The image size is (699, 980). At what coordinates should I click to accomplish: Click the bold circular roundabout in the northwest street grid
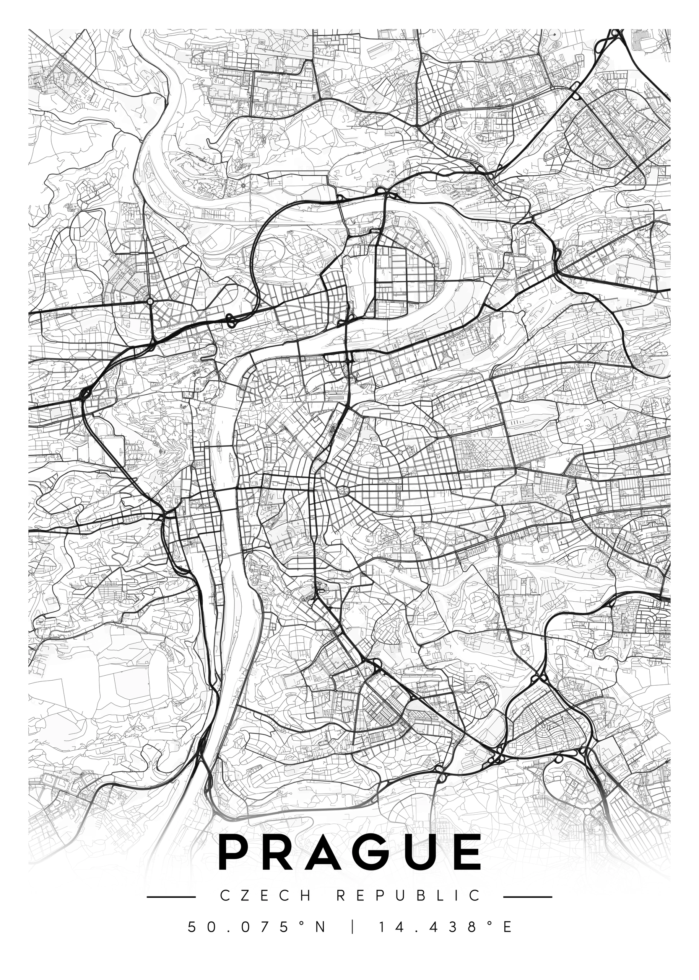click(x=150, y=302)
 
